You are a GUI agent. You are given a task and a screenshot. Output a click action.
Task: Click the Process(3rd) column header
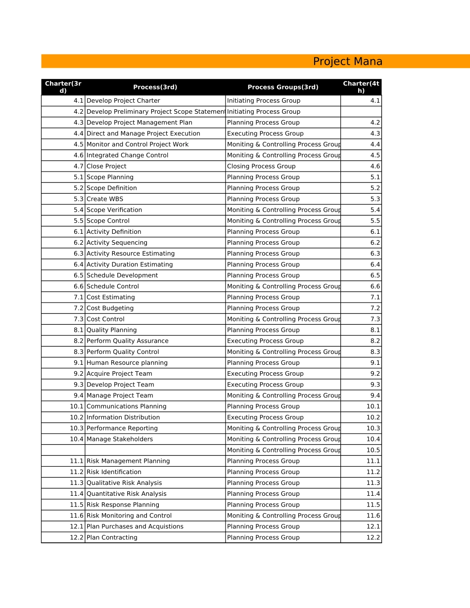point(155,87)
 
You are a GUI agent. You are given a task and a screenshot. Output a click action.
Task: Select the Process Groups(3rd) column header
point(282,87)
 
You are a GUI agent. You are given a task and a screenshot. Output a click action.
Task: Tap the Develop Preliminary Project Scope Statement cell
point(155,112)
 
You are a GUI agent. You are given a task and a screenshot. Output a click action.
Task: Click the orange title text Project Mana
point(347,61)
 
